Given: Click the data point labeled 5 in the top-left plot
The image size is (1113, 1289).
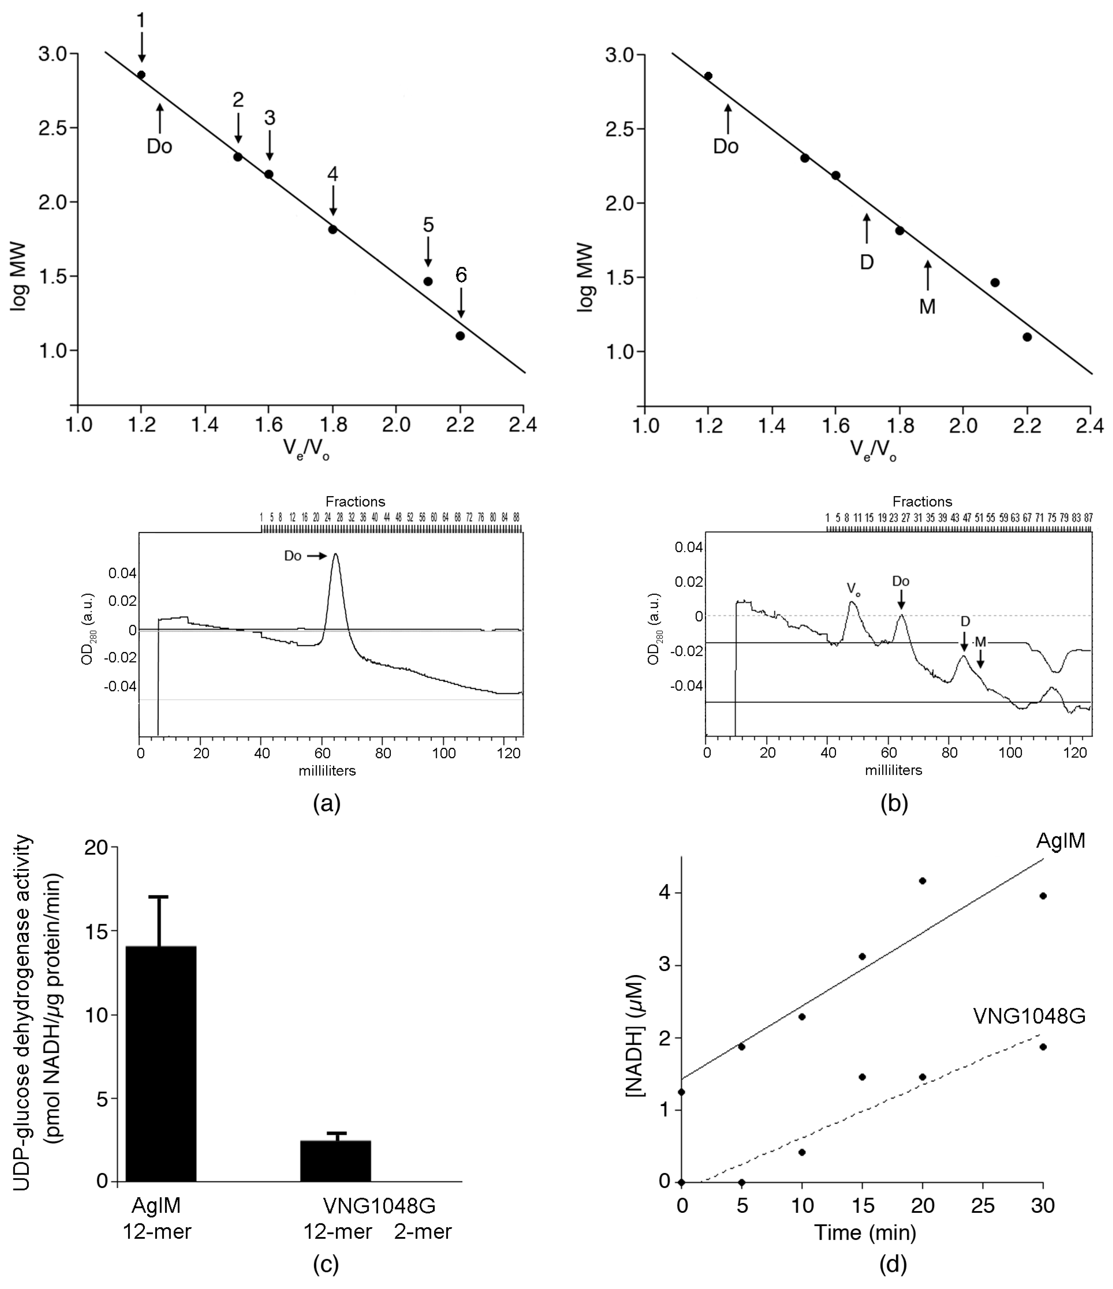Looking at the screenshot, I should pyautogui.click(x=428, y=281).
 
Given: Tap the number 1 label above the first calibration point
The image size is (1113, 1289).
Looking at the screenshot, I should pyautogui.click(x=141, y=21).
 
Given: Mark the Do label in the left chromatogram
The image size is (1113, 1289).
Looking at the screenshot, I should pyautogui.click(x=293, y=555).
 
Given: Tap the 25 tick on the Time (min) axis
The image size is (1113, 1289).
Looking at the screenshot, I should pyautogui.click(x=983, y=1206).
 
